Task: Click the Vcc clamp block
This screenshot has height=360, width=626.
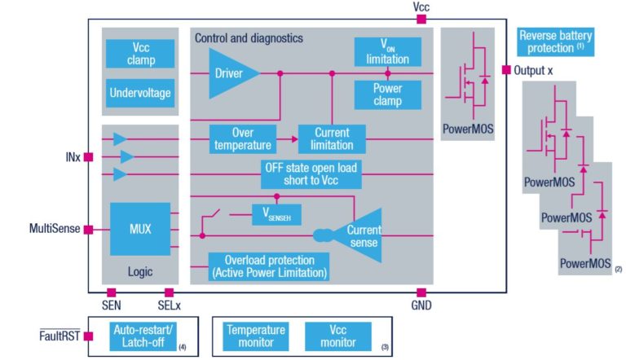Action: coord(139,54)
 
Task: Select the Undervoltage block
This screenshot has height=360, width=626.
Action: coord(139,93)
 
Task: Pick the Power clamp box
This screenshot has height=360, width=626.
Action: coord(387,94)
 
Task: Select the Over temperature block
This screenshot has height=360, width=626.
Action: coord(241,138)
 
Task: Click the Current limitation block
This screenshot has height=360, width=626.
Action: coord(331,138)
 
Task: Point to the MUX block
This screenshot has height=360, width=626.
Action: coord(139,229)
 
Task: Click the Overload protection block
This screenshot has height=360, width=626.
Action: coord(268,266)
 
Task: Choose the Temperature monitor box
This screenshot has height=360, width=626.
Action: coord(256,336)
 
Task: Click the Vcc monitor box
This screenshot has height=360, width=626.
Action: coord(337,336)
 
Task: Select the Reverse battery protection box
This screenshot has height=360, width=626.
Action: coord(555,41)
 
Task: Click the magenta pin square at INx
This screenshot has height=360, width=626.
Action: coord(88,156)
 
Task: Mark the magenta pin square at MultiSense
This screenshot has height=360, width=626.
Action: coord(88,230)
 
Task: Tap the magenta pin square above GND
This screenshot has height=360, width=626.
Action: coord(421,292)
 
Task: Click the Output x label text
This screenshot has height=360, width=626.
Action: coord(534,71)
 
